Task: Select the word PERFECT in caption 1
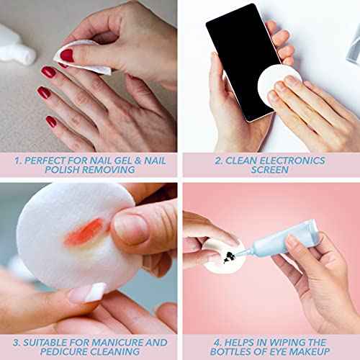point(45,161)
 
